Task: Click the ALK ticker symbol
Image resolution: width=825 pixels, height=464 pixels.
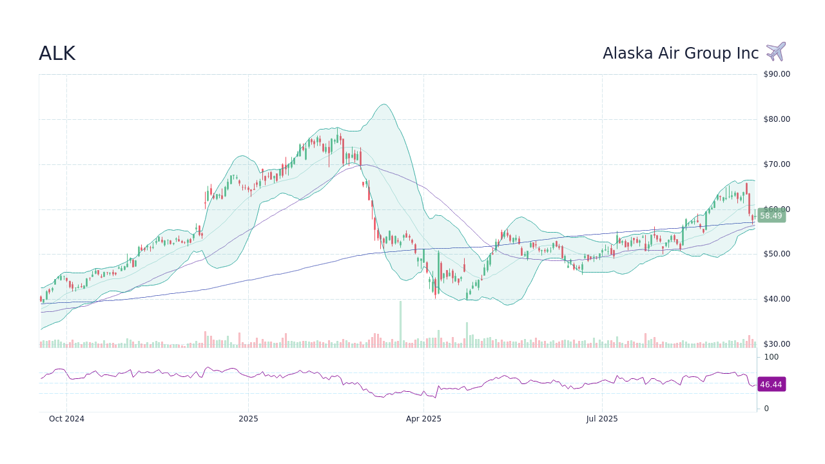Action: point(57,53)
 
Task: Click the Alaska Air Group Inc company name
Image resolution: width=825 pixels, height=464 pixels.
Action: point(681,53)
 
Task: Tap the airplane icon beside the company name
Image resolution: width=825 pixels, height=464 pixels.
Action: point(776,52)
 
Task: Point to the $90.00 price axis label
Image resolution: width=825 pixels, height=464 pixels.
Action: point(777,74)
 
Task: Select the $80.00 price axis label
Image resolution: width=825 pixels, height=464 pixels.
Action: point(777,119)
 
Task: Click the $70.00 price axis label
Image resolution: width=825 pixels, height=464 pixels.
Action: point(777,164)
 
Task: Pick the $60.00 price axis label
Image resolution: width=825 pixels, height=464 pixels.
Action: point(777,209)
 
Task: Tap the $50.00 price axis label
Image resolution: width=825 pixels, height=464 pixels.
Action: point(777,254)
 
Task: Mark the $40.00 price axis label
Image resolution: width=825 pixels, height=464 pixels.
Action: point(777,299)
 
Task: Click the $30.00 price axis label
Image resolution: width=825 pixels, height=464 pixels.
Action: point(777,344)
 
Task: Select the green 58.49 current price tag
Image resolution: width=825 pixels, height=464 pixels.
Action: point(771,216)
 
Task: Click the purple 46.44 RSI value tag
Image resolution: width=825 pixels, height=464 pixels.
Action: point(771,385)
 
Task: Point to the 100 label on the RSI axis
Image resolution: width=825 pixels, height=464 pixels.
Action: point(772,357)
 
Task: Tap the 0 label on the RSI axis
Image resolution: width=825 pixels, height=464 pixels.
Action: point(766,409)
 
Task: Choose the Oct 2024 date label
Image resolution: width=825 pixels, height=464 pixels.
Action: point(66,419)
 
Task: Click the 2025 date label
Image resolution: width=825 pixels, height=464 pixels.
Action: point(248,419)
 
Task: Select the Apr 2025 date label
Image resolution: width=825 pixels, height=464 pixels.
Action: point(423,419)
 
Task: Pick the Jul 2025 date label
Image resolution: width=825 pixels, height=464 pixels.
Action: point(602,419)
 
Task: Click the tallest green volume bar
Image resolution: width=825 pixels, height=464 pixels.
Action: point(400,324)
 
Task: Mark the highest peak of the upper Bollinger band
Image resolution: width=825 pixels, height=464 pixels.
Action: point(383,104)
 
